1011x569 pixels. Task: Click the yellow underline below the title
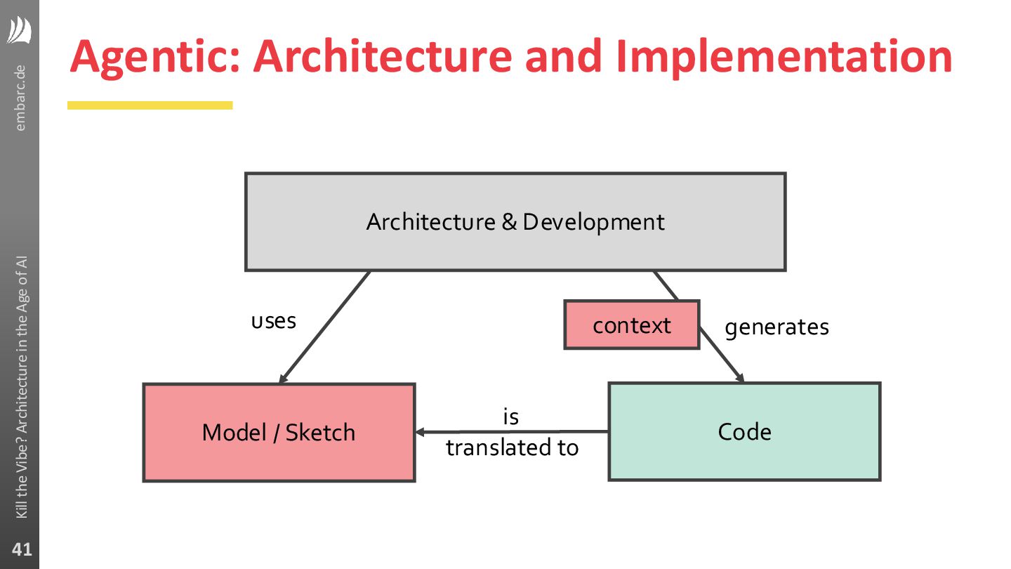click(150, 105)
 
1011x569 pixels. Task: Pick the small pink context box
click(631, 325)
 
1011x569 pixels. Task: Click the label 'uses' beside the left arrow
click(274, 321)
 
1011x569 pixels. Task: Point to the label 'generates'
click(777, 327)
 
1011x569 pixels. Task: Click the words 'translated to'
click(512, 447)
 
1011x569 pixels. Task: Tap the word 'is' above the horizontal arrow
click(511, 417)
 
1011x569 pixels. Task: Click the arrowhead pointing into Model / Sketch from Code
click(421, 432)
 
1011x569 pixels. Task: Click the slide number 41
click(22, 549)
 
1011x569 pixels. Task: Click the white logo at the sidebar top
click(20, 31)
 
